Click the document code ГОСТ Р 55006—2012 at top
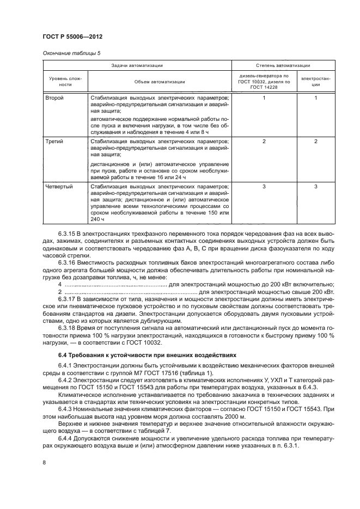pyautogui.click(x=72, y=36)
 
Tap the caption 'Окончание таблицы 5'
pyautogui.click(x=71, y=53)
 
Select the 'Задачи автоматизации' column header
pyautogui.click(x=137, y=65)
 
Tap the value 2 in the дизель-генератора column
pyautogui.click(x=264, y=141)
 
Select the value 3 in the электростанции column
pyautogui.click(x=315, y=187)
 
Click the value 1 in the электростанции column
pyautogui.click(x=315, y=98)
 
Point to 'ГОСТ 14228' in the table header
pyautogui.click(x=264, y=87)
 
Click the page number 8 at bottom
pyautogui.click(x=44, y=462)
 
